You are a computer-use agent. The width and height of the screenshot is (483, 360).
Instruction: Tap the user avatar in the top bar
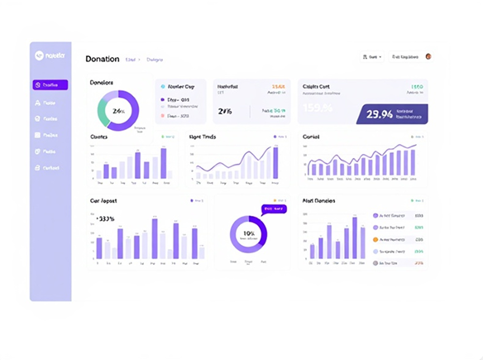428,57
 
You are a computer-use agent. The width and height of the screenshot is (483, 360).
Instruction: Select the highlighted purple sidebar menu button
50,84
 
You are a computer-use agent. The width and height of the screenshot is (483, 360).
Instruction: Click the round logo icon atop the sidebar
38,56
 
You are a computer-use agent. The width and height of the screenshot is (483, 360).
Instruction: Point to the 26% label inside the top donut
118,111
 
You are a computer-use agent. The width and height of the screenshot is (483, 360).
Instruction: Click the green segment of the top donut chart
102,108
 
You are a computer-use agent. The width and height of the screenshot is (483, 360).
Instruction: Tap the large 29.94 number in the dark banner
380,114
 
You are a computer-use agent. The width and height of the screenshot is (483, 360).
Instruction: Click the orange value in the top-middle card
279,86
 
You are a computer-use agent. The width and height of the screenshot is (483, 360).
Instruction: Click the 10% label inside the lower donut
248,233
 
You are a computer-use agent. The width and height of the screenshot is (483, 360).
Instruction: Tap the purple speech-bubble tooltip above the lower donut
272,209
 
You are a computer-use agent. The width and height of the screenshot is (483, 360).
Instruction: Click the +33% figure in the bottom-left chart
107,219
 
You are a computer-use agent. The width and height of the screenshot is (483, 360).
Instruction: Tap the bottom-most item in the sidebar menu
50,168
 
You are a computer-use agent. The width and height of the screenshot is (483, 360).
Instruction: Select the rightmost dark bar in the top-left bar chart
163,163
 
